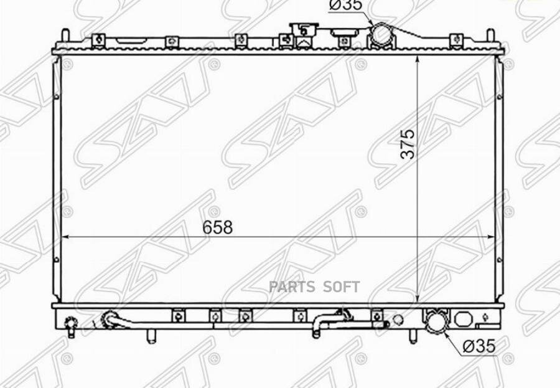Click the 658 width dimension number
tap(217, 227)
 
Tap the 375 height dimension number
tap(408, 144)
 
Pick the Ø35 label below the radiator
tap(479, 346)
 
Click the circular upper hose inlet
tap(381, 34)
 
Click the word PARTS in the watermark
tap(292, 287)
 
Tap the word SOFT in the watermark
tap(342, 287)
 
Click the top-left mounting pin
tap(65, 35)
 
